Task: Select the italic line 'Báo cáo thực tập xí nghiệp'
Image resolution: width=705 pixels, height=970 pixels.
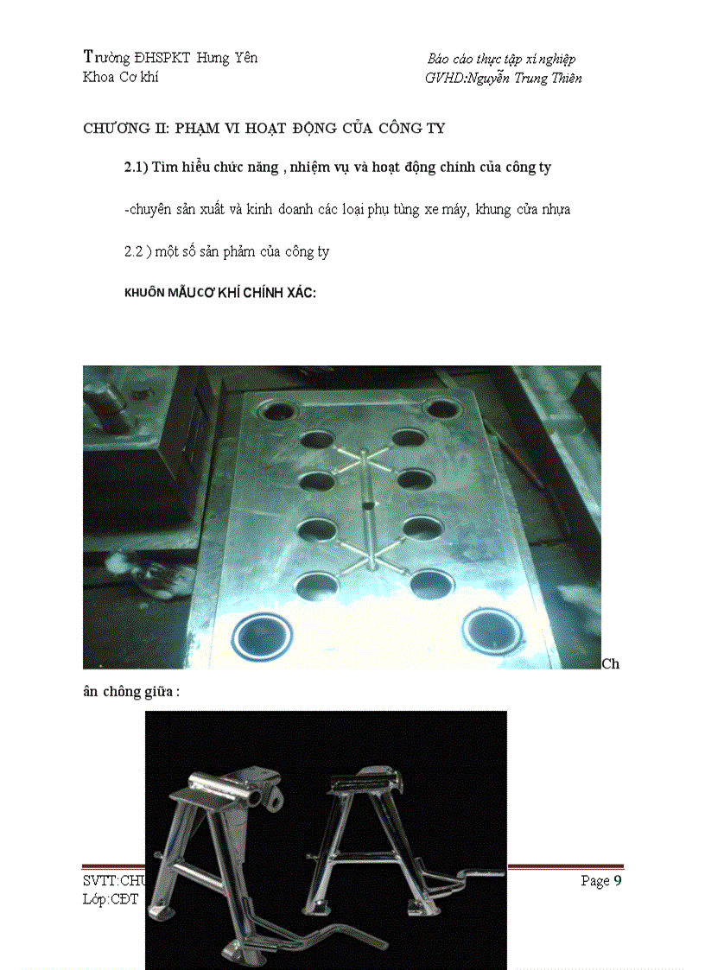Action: pyautogui.click(x=501, y=59)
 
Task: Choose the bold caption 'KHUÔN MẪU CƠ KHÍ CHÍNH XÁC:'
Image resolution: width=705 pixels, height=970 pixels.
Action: pyautogui.click(x=220, y=293)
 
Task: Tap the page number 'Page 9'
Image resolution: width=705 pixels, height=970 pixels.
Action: pyautogui.click(x=600, y=881)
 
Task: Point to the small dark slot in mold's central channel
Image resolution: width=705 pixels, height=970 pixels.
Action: pyautogui.click(x=368, y=506)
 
